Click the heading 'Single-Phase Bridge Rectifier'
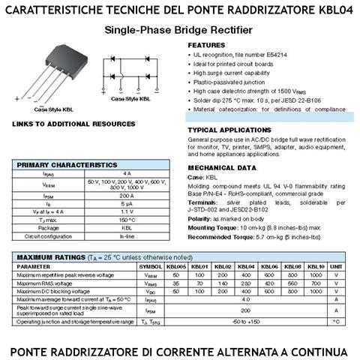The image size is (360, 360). [179, 31]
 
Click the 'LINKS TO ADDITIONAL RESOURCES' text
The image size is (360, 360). [73, 123]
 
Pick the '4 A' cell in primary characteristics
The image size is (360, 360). [127, 173]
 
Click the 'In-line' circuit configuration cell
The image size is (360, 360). [127, 235]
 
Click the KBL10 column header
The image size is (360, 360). [316, 266]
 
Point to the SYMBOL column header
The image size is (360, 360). [150, 266]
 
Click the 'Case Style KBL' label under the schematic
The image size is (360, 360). [129, 98]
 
